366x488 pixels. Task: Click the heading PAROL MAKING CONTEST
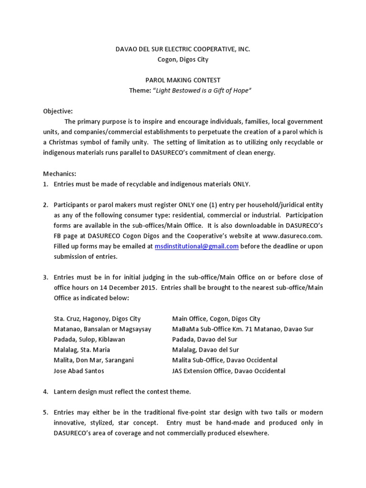coord(183,80)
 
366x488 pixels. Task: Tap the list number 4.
coord(46,391)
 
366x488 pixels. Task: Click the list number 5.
coord(46,412)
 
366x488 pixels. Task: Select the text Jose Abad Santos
coord(79,371)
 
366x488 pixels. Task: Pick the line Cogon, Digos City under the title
coord(183,60)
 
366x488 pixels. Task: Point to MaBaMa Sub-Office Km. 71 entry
coord(243,329)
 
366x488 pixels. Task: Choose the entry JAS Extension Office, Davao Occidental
coord(229,371)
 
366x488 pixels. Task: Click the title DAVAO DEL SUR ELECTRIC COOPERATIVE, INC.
coord(183,49)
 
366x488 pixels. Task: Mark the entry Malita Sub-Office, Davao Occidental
coord(224,360)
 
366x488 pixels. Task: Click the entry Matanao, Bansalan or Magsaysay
coord(102,329)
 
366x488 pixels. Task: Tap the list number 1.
coord(46,184)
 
